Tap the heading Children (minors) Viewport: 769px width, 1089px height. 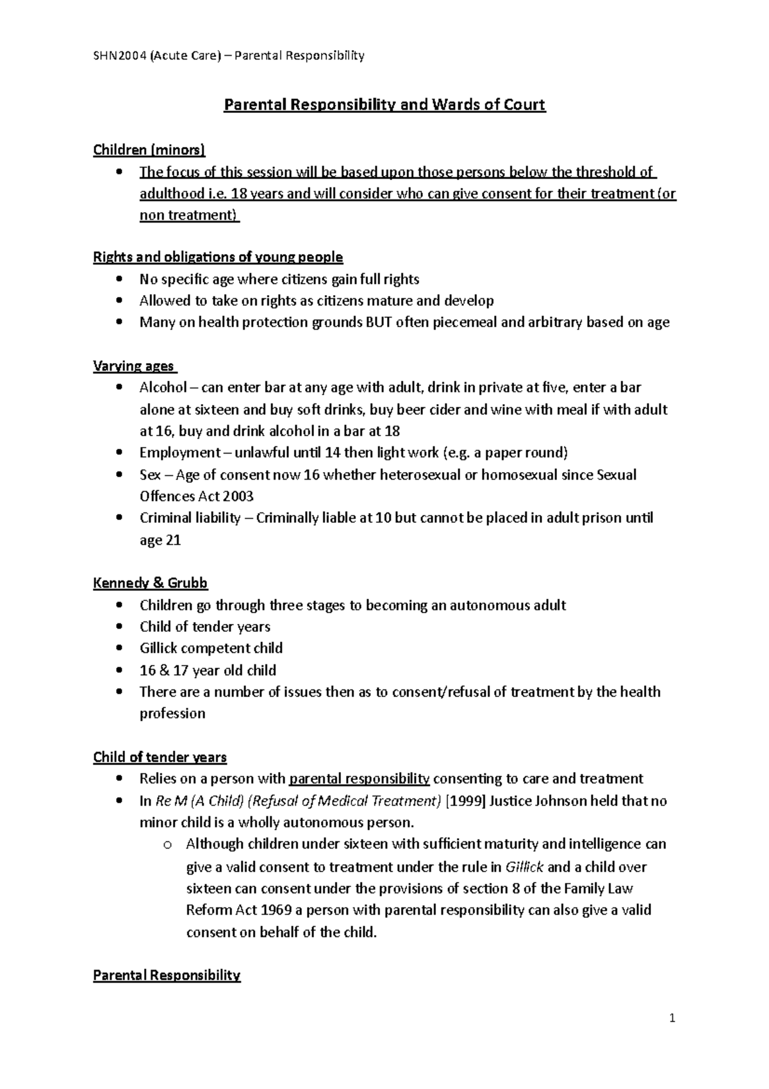(x=149, y=150)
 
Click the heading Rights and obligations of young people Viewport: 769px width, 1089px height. (x=218, y=257)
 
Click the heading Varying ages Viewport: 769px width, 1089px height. (x=134, y=366)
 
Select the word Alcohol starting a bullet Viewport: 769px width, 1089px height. (x=163, y=388)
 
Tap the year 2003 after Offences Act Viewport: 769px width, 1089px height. (x=238, y=496)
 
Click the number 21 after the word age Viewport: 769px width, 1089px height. (x=173, y=540)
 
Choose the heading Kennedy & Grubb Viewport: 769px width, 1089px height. (x=151, y=583)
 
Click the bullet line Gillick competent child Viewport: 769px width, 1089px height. (x=211, y=648)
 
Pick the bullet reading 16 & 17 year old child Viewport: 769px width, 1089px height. (x=208, y=670)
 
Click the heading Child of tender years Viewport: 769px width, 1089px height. (x=160, y=757)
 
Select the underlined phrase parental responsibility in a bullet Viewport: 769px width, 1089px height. (x=360, y=779)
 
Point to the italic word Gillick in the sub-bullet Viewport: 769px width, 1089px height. (x=524, y=867)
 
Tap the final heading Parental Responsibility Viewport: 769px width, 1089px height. (x=167, y=975)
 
